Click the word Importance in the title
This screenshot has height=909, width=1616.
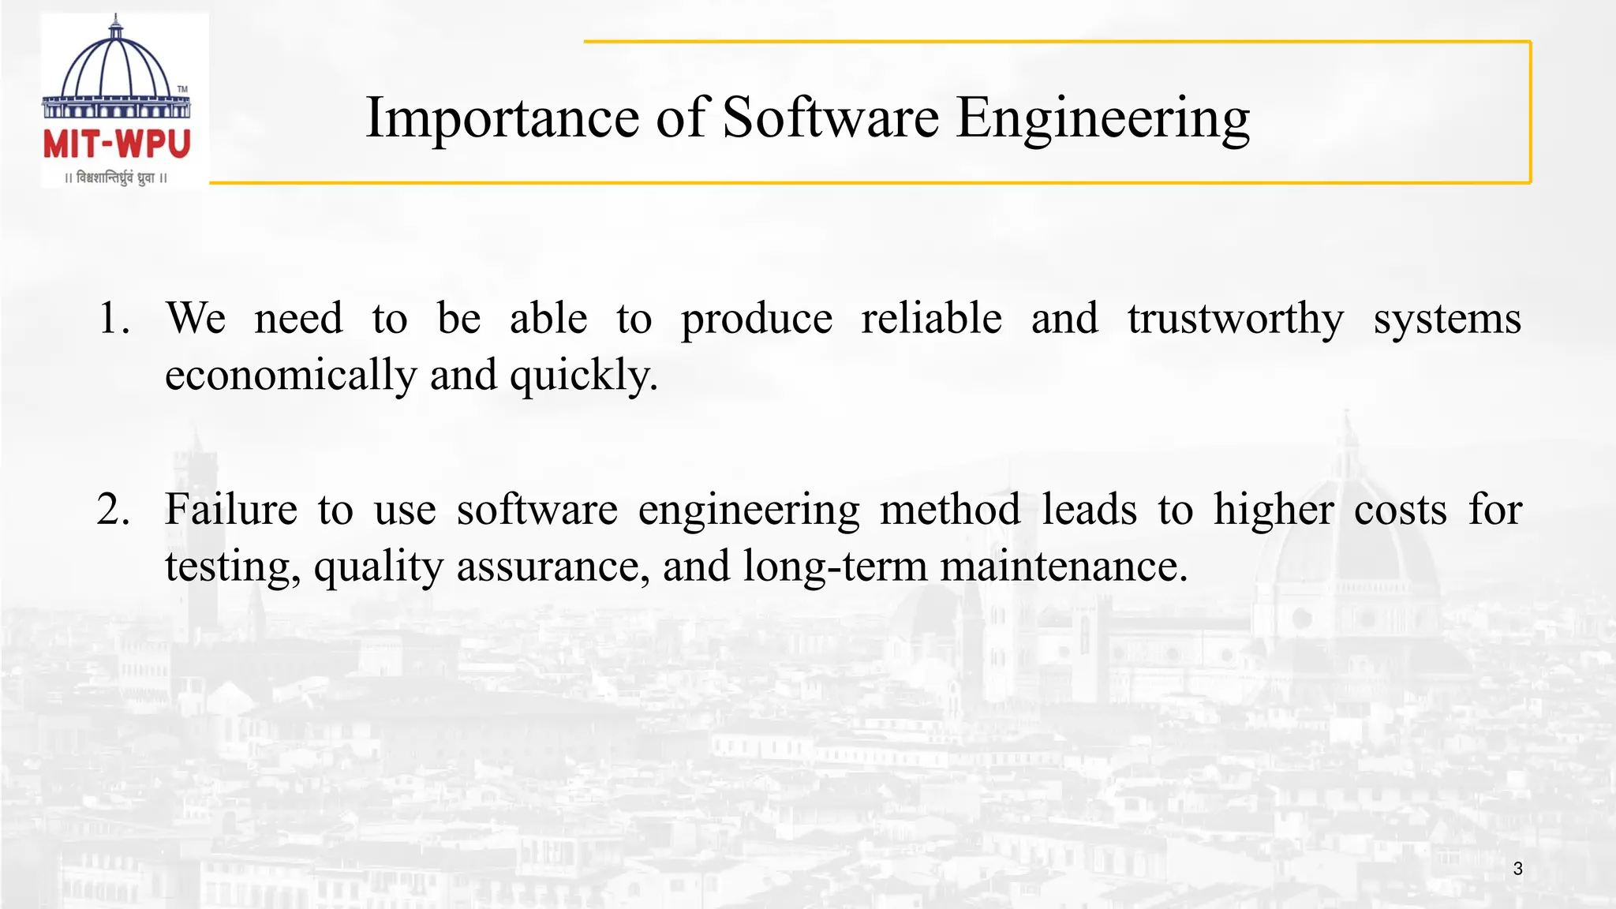[502, 118]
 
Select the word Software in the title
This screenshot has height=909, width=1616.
[830, 118]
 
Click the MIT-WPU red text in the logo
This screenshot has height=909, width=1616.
[117, 145]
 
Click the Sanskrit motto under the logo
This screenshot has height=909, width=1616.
[117, 178]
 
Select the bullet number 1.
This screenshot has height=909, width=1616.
[114, 319]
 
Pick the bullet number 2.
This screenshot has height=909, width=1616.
[114, 510]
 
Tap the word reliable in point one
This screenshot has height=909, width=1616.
[931, 319]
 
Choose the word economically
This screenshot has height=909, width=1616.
[290, 376]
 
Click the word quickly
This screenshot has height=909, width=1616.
[583, 376]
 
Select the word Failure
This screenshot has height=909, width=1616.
[231, 510]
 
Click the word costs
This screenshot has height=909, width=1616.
[1401, 510]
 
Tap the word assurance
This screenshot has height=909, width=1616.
[553, 567]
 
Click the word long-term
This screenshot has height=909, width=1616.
[835, 567]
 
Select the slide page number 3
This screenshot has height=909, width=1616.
[1517, 869]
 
